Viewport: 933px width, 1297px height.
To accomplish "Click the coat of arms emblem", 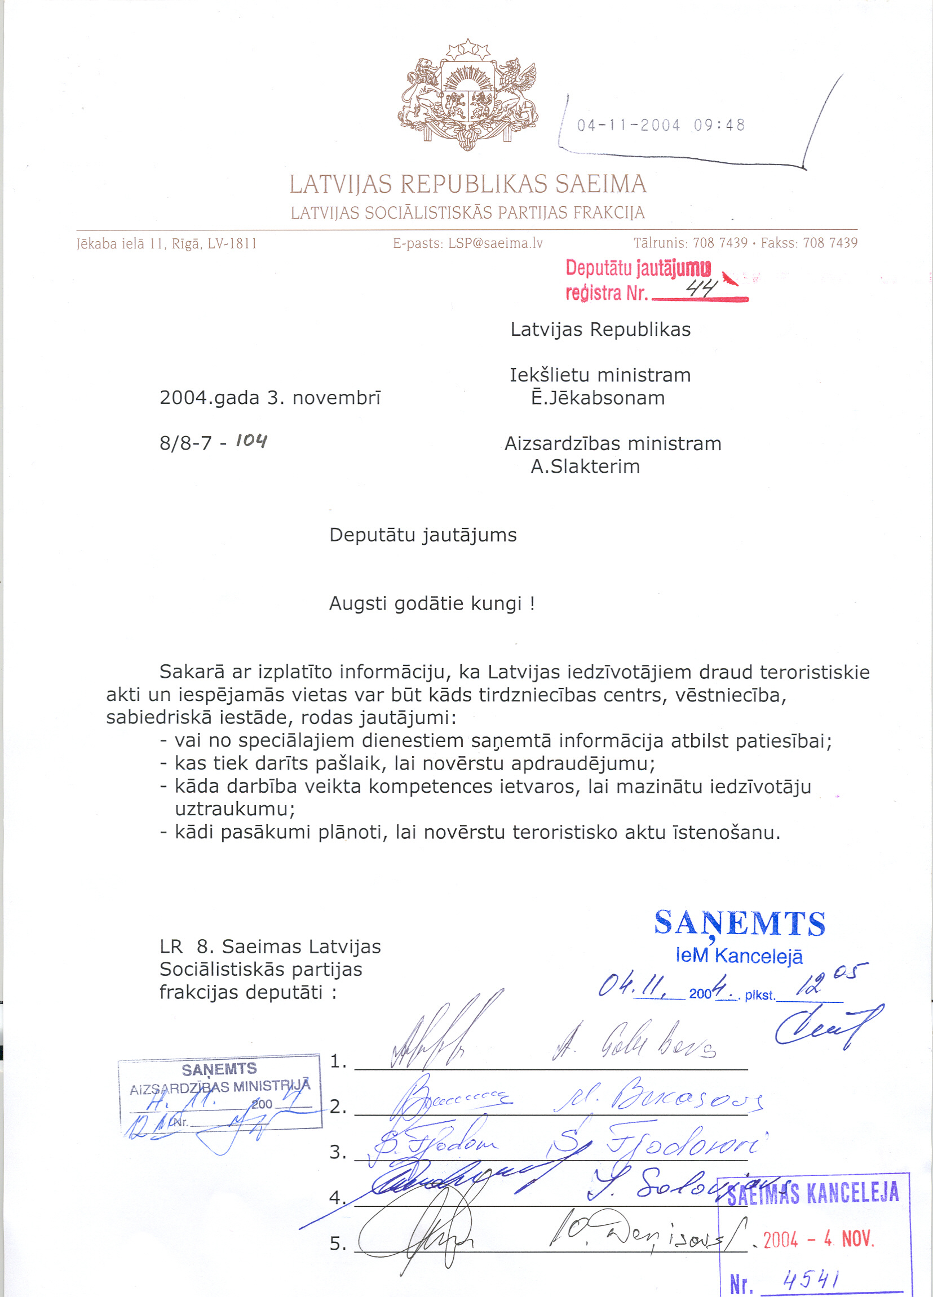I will tap(468, 96).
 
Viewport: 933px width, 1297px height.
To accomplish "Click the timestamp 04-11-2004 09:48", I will tap(661, 125).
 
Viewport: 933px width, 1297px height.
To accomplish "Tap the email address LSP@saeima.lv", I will tap(495, 243).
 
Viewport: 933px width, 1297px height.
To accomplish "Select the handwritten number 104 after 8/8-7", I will tap(251, 441).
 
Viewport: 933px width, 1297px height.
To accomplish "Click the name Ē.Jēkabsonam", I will tap(598, 398).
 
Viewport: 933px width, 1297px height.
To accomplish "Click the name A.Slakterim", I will tap(585, 467).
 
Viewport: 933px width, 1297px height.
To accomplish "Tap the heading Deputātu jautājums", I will tap(423, 535).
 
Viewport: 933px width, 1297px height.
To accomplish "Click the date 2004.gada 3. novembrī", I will tap(270, 398).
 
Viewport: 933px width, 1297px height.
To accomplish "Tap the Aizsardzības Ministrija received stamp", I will tap(220, 1094).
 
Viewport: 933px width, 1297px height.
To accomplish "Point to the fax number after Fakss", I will tap(830, 243).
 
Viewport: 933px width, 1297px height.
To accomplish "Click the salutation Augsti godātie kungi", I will tap(432, 604).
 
